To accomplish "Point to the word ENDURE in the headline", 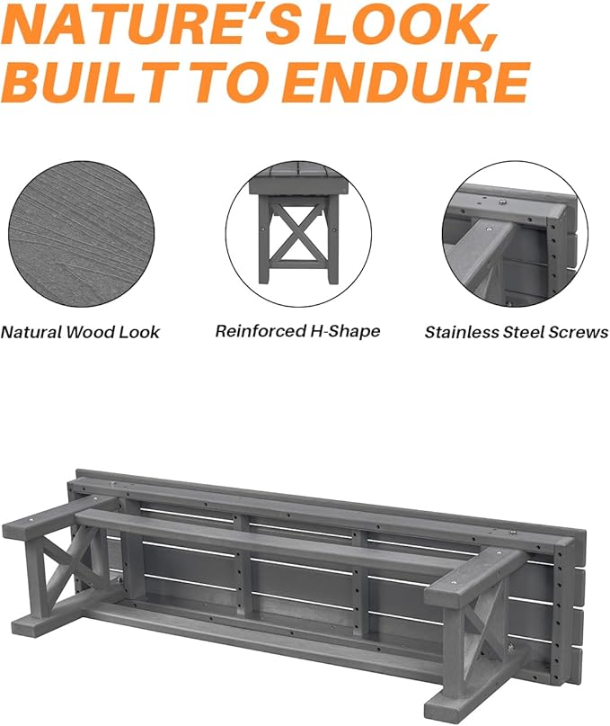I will tap(404, 83).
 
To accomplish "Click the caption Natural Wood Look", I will tap(80, 332).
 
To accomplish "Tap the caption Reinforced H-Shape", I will tap(297, 331).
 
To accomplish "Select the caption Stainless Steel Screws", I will tap(517, 332).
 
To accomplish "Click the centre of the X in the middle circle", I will tap(296, 233).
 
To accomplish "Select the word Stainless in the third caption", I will tap(460, 332).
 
